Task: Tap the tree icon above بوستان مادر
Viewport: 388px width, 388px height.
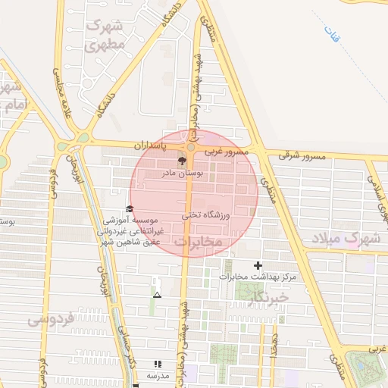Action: (181, 161)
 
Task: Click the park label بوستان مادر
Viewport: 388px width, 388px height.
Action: (181, 174)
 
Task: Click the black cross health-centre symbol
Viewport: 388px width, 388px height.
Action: (258, 265)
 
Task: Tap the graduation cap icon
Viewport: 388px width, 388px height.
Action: (130, 209)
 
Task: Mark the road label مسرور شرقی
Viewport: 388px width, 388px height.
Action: (302, 155)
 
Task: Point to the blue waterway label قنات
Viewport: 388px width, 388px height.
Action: (331, 34)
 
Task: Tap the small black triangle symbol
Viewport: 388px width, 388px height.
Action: (157, 294)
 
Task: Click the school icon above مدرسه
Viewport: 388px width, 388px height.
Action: (158, 364)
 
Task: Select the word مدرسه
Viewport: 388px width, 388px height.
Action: (158, 376)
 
